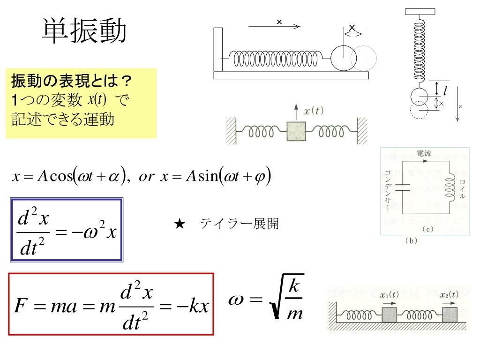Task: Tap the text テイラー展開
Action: [240, 224]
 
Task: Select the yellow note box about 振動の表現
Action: [81, 103]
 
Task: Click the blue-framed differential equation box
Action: [67, 229]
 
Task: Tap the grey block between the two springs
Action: [296, 132]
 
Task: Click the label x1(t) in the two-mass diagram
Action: [389, 295]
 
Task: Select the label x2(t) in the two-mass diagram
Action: [449, 295]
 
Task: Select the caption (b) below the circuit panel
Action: [410, 241]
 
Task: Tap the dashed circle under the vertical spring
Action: [419, 111]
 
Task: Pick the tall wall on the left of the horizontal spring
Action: [218, 49]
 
